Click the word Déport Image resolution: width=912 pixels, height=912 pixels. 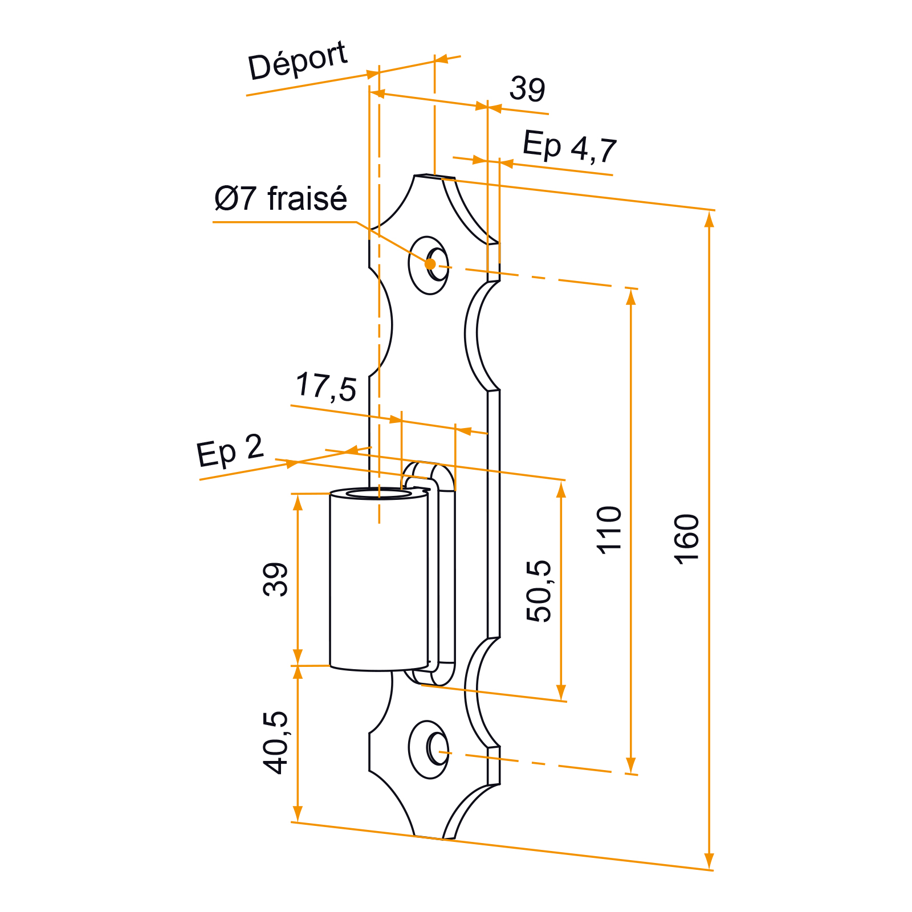pyautogui.click(x=298, y=60)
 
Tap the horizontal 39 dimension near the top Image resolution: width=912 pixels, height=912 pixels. pyautogui.click(x=527, y=89)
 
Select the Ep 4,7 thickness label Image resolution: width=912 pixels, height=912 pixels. pyautogui.click(x=569, y=147)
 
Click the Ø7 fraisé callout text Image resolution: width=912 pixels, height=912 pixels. pyautogui.click(x=280, y=198)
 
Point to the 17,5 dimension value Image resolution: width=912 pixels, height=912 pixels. pyautogui.click(x=326, y=387)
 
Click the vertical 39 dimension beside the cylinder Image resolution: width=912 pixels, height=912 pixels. pyautogui.click(x=276, y=579)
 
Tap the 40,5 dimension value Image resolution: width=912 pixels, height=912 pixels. pyautogui.click(x=276, y=743)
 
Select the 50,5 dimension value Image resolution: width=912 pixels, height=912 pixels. pyautogui.click(x=539, y=591)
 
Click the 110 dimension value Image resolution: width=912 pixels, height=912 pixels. pyautogui.click(x=609, y=530)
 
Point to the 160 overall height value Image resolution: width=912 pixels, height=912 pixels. pyautogui.click(x=686, y=539)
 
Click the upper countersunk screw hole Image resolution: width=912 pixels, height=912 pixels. pyautogui.click(x=429, y=265)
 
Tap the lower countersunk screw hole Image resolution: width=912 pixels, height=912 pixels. pyautogui.click(x=429, y=750)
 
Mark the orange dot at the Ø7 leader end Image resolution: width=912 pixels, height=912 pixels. pyautogui.click(x=430, y=264)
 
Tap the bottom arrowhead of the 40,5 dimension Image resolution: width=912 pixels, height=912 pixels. pyautogui.click(x=297, y=813)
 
